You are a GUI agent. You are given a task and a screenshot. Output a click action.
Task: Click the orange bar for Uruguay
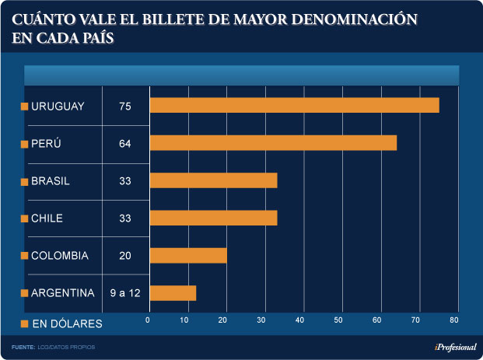[294, 105]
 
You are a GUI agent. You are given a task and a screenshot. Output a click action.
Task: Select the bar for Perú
[273, 143]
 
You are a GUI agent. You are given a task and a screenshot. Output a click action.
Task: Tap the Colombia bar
[187, 256]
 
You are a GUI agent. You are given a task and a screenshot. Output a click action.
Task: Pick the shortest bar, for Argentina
[173, 293]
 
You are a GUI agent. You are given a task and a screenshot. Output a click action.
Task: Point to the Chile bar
[213, 218]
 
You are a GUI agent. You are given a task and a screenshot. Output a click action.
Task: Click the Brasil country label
[51, 181]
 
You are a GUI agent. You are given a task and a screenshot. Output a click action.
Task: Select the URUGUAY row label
[58, 106]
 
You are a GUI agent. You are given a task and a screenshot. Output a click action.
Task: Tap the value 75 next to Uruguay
[125, 106]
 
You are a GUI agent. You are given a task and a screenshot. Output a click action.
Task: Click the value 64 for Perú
[125, 144]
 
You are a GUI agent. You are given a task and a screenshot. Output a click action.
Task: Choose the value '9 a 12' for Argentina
[125, 293]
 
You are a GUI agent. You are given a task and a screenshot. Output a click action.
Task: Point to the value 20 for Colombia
[125, 256]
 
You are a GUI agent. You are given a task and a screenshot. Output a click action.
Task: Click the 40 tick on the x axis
[301, 320]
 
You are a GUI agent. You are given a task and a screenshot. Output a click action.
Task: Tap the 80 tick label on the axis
[454, 320]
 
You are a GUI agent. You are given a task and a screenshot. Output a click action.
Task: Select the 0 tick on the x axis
[149, 320]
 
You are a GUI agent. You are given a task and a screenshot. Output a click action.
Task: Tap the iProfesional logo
[454, 346]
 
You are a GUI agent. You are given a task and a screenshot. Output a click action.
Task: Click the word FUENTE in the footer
[23, 346]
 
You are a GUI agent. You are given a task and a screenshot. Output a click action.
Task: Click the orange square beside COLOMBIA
[25, 256]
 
